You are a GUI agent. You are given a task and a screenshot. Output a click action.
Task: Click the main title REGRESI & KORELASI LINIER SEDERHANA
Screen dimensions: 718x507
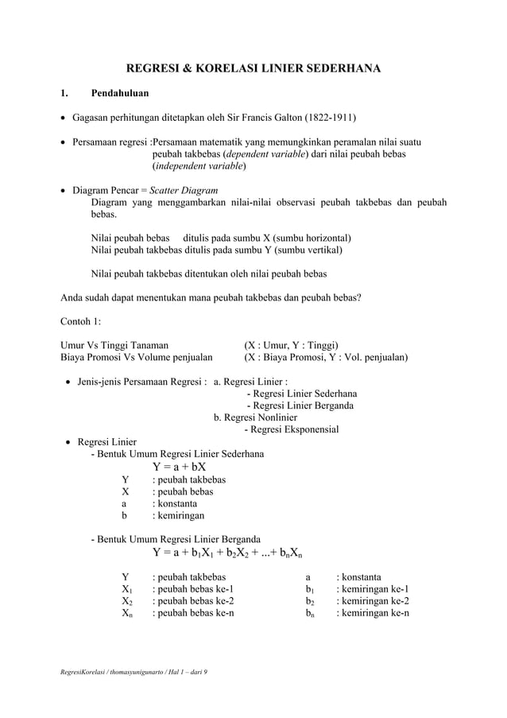coord(254,68)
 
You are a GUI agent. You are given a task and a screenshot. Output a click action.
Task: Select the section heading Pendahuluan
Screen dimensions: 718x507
coord(119,94)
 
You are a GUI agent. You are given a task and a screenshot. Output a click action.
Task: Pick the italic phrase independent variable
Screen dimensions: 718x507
coord(199,166)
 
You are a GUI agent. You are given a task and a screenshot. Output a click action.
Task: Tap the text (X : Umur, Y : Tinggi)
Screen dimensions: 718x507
coord(291,345)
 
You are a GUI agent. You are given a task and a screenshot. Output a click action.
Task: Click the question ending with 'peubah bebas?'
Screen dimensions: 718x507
coord(211,298)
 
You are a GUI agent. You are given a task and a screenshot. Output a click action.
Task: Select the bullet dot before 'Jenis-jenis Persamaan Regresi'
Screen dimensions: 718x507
coord(68,382)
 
